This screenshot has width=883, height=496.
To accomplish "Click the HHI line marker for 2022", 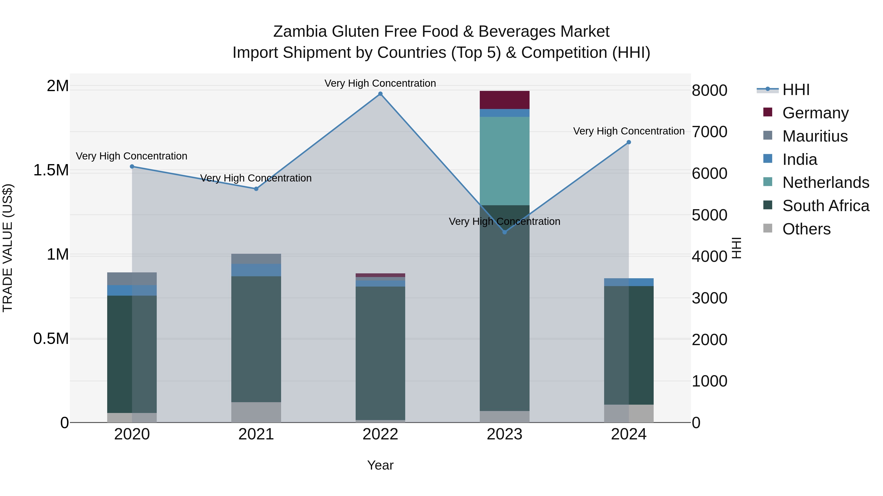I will [x=380, y=94].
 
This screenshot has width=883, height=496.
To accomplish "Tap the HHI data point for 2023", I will [x=505, y=232].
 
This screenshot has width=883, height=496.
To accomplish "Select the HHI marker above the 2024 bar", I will [x=629, y=142].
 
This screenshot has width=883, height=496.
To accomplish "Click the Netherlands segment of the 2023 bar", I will [x=505, y=161].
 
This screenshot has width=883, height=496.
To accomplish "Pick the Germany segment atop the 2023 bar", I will [x=505, y=100].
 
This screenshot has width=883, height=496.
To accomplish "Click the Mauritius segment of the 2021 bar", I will [x=256, y=259].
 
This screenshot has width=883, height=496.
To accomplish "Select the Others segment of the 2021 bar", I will [x=256, y=412].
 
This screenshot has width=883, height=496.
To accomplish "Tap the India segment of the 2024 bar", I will [x=629, y=282].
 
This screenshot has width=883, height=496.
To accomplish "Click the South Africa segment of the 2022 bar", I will [x=380, y=352].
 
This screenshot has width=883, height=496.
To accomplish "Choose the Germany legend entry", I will [x=815, y=113].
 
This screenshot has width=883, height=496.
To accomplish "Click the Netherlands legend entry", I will [x=825, y=182].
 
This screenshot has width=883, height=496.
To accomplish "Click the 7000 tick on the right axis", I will [x=709, y=132].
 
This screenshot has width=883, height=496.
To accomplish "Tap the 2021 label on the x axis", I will [x=256, y=434].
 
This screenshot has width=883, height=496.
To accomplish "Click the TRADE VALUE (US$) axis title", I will [x=8, y=248].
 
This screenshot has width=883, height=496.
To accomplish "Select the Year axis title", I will [x=380, y=465].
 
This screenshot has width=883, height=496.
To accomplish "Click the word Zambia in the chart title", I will [x=300, y=32].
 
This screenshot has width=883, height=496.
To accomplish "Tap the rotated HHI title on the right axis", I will [x=737, y=248].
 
